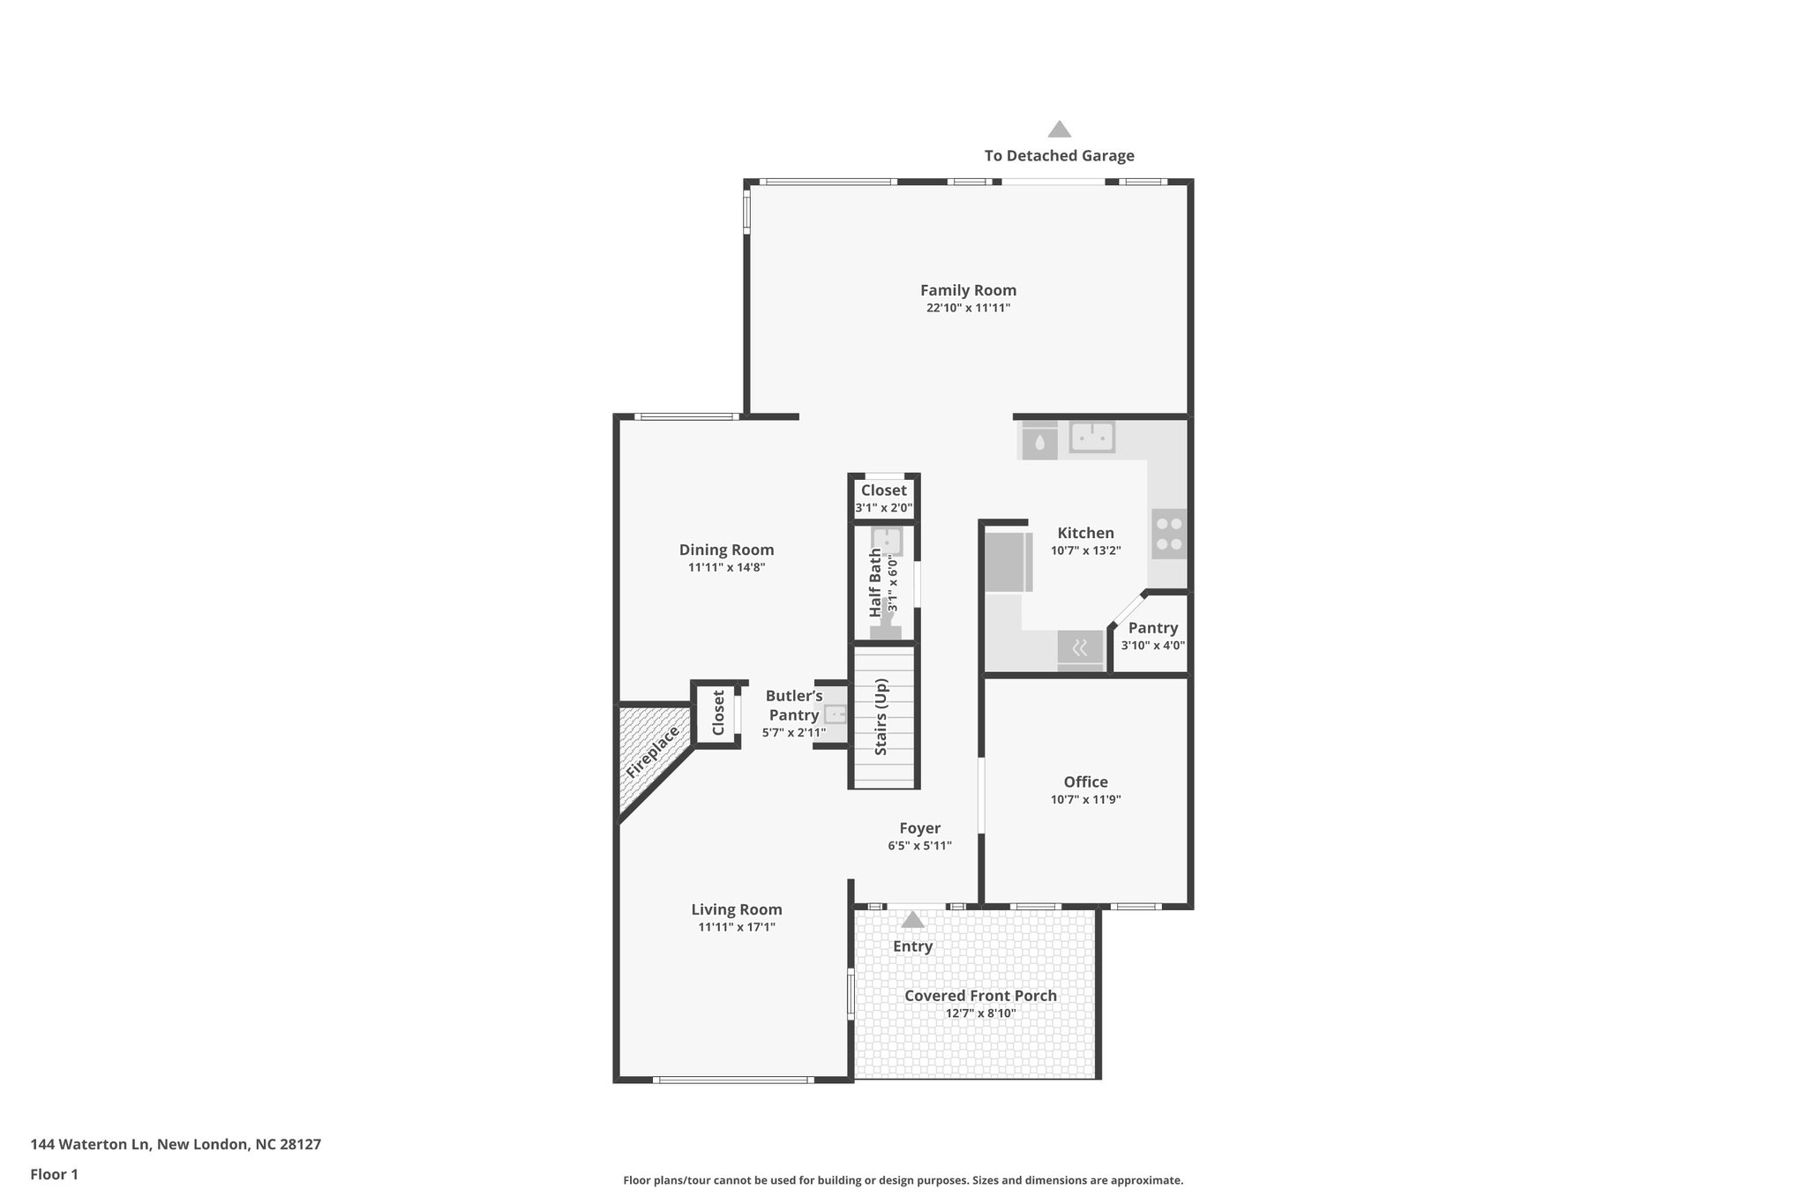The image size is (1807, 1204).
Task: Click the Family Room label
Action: coord(968,290)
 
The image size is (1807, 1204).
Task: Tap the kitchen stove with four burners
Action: coord(1169,534)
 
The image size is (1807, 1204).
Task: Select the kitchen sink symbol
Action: coord(1092,437)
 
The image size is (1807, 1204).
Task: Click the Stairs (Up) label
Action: coord(881,716)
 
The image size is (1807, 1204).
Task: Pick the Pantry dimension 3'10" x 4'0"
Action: coord(1152,646)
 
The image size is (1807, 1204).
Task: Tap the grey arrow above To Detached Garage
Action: coord(1059,130)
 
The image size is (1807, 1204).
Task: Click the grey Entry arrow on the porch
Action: coord(912,920)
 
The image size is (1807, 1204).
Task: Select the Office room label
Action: coord(1085,781)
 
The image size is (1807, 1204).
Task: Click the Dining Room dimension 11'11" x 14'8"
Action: coord(726,568)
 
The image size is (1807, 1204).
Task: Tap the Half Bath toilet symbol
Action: coord(885,627)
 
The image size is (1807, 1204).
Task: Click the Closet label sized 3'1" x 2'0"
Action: coord(883,490)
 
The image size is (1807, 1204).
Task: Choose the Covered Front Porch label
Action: coord(980,996)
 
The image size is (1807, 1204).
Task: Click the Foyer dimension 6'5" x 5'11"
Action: coord(919,846)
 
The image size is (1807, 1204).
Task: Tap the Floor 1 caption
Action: coord(54,1174)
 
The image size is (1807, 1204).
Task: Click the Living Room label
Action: coord(736,909)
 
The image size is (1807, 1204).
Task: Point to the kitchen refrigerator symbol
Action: coord(1008,562)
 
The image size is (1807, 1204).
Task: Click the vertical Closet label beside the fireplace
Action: coord(718,713)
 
